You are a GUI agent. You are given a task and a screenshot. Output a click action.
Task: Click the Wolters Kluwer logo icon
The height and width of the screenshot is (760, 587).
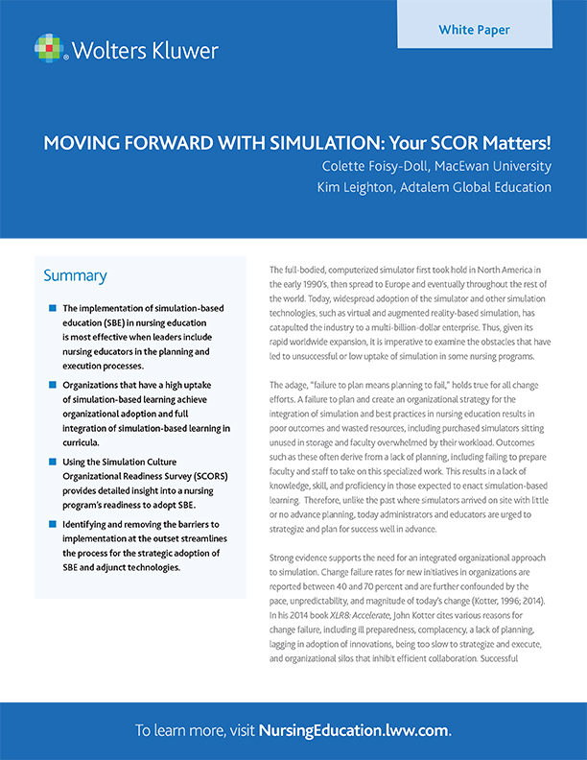click(x=50, y=48)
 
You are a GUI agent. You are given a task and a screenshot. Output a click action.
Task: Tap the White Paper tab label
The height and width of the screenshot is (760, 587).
click(x=474, y=30)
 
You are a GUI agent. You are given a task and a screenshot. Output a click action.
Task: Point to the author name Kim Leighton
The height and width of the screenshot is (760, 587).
click(x=360, y=187)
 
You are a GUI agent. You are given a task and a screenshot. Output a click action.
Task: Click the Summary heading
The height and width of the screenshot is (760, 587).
click(x=75, y=276)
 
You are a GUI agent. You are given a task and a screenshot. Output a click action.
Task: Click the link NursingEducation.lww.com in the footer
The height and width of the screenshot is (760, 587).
click(x=354, y=730)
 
